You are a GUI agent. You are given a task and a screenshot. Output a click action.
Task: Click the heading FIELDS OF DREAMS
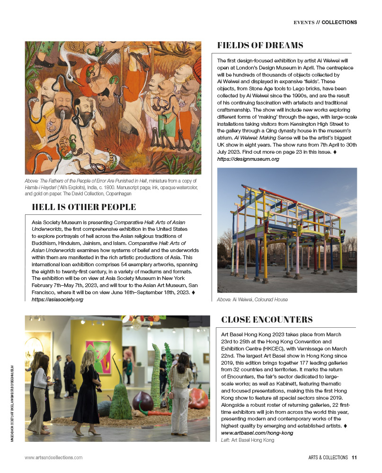point(260,45)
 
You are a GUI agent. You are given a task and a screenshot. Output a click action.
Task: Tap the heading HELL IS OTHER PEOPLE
point(84,207)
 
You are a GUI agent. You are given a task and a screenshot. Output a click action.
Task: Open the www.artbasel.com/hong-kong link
point(257,433)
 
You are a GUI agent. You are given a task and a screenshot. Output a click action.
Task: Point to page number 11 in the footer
point(354,457)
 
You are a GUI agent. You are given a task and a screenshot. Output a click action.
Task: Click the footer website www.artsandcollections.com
point(53,457)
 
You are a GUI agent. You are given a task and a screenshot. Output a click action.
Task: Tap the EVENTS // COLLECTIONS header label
point(325,22)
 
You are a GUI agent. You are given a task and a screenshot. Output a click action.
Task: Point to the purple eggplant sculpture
point(143,402)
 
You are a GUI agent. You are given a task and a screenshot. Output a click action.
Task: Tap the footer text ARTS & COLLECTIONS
point(326,457)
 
